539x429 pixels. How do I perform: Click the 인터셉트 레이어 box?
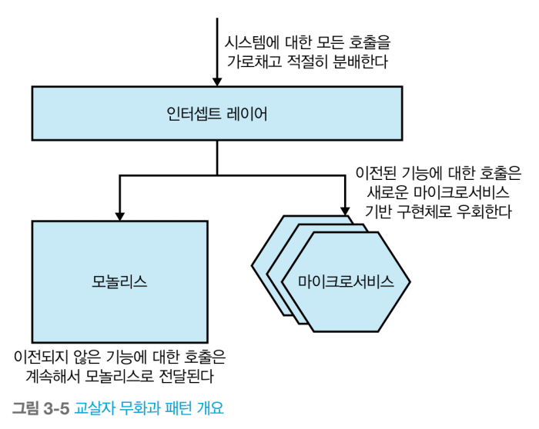[x=217, y=114]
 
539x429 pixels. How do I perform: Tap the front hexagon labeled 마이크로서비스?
[x=346, y=281]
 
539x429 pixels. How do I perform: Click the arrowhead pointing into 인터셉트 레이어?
[x=217, y=80]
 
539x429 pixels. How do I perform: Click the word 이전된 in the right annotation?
[x=368, y=173]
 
